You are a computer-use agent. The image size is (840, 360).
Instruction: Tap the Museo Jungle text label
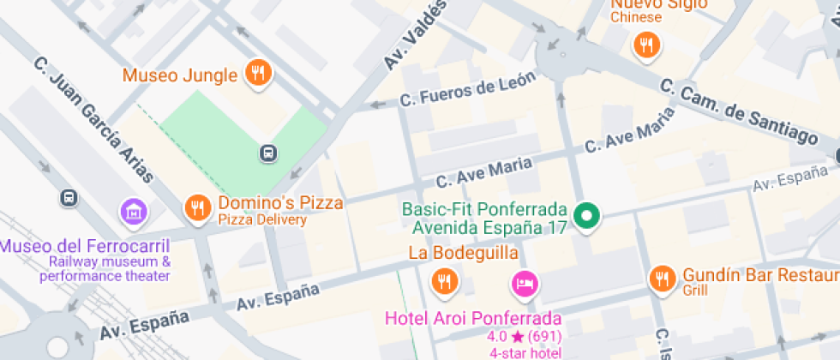coord(179,75)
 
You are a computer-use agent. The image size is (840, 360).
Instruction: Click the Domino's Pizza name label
coord(280,204)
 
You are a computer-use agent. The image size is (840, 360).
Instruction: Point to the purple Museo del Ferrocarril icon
coord(133,211)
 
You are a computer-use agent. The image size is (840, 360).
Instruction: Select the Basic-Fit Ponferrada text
coord(485,210)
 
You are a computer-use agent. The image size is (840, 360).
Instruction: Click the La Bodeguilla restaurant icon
coord(444,280)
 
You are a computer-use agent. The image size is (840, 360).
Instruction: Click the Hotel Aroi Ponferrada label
coord(473,318)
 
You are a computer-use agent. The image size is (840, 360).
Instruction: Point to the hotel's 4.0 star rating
coord(524,336)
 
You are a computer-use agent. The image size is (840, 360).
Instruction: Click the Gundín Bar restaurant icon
coord(662,278)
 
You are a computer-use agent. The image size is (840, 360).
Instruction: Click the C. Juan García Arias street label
coord(93,120)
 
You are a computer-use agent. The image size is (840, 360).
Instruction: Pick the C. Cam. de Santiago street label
coord(739,111)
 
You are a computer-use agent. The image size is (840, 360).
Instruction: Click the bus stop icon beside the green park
coord(268,153)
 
